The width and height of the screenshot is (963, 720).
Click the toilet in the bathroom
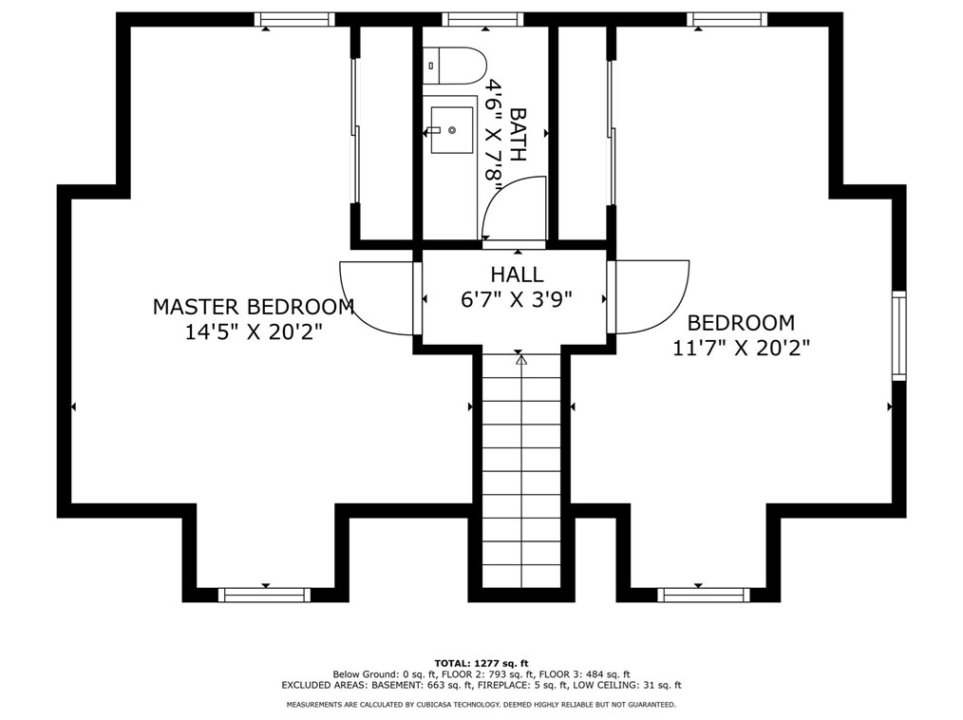point(458,65)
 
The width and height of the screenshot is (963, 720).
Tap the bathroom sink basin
point(451,130)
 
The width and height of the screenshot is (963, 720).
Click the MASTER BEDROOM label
point(254,307)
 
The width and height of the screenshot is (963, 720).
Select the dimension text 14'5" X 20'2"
point(254,332)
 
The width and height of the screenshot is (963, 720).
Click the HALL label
point(517,275)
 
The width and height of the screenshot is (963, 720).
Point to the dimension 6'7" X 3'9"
point(517,299)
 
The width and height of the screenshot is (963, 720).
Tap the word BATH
point(519,134)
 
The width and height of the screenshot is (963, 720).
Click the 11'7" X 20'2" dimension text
point(741,348)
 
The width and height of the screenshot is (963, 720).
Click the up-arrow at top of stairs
point(520,360)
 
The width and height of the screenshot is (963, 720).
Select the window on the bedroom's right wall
point(897,336)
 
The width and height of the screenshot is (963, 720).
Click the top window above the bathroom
point(482,19)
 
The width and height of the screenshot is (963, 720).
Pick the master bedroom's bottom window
point(264,595)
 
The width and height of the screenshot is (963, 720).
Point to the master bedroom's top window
point(294,19)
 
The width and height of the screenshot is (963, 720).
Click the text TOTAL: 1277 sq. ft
point(481,663)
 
